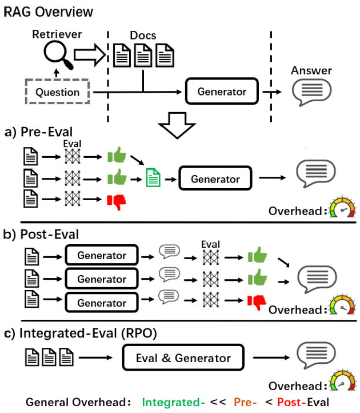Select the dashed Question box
[58, 92]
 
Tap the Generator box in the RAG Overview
[222, 92]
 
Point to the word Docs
[143, 35]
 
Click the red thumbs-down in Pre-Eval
[116, 201]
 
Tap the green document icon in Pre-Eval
[153, 178]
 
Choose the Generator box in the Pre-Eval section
[215, 179]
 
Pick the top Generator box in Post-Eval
[102, 255]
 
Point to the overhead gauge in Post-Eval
[342, 307]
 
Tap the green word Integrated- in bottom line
[173, 403]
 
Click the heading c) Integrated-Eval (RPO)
[85, 333]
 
